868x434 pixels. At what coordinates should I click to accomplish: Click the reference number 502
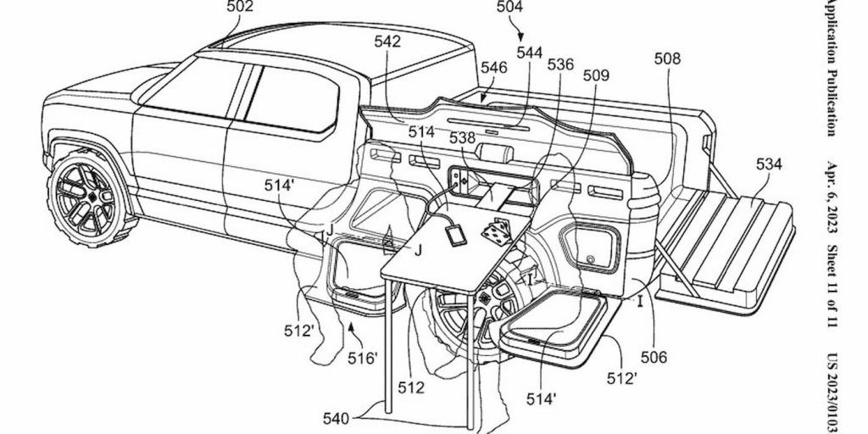(241, 8)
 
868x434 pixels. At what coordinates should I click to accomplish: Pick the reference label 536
(560, 64)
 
